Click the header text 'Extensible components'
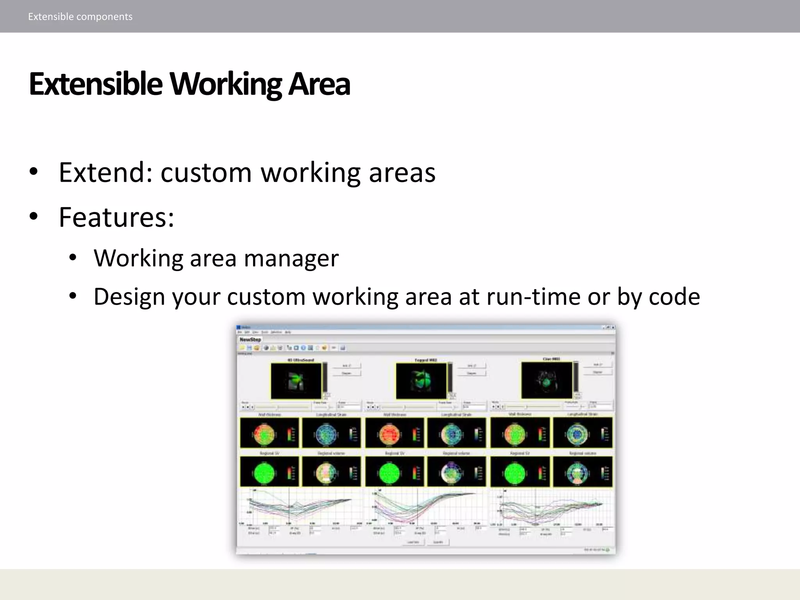pyautogui.click(x=80, y=16)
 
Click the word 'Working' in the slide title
pyautogui.click(x=225, y=84)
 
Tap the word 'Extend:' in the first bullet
pyautogui.click(x=105, y=172)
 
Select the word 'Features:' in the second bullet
pyautogui.click(x=116, y=217)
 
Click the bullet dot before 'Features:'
pyautogui.click(x=34, y=216)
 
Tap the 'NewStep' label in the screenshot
pyautogui.click(x=250, y=339)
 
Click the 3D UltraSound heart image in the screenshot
pyautogui.click(x=296, y=381)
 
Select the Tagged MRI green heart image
pyautogui.click(x=421, y=381)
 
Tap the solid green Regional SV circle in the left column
pyautogui.click(x=264, y=473)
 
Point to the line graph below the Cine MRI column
pyautogui.click(x=551, y=508)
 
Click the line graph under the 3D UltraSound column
pyautogui.click(x=301, y=508)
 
